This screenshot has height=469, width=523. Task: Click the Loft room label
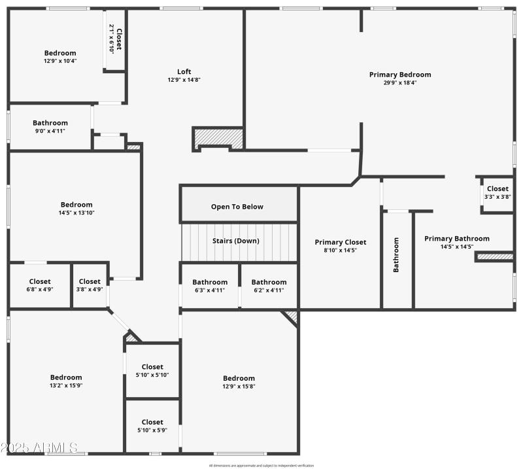(x=184, y=72)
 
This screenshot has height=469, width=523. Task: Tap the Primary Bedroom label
(x=399, y=75)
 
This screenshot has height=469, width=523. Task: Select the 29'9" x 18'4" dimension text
(x=399, y=83)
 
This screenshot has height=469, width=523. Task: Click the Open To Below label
(x=237, y=207)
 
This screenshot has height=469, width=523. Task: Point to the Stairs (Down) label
(x=236, y=241)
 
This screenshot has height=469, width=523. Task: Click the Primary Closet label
(x=341, y=242)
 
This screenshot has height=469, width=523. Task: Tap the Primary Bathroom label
(x=456, y=239)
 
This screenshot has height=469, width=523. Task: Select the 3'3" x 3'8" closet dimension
(x=498, y=197)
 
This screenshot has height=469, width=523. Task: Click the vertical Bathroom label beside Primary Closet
(x=396, y=254)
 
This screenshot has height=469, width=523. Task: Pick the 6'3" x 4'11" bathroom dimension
(x=210, y=290)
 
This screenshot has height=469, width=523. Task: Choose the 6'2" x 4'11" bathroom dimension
(x=269, y=290)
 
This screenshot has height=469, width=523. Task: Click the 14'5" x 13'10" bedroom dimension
(x=76, y=213)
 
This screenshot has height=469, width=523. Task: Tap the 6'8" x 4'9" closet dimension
(x=40, y=290)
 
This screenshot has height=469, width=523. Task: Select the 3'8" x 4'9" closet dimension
(x=90, y=290)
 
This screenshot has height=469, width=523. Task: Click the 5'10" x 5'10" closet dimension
(x=152, y=375)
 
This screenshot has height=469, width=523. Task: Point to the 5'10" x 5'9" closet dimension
(x=152, y=430)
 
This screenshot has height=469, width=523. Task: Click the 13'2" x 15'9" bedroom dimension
(x=66, y=385)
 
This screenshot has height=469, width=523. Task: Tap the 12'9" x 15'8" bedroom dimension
(x=239, y=386)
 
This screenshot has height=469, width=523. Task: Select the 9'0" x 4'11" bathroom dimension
(x=50, y=131)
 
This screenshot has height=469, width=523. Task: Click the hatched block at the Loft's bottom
(x=218, y=138)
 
